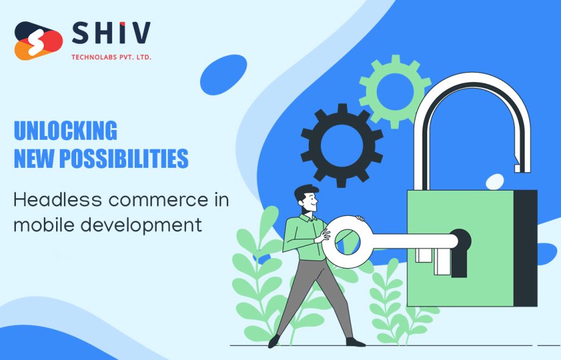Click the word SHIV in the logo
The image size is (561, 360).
tap(111, 33)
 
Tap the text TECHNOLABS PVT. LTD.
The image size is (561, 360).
tap(112, 57)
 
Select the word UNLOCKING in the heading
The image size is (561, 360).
tap(65, 131)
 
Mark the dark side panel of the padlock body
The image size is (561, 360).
tap(525, 248)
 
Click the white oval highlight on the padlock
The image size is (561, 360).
tap(495, 181)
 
